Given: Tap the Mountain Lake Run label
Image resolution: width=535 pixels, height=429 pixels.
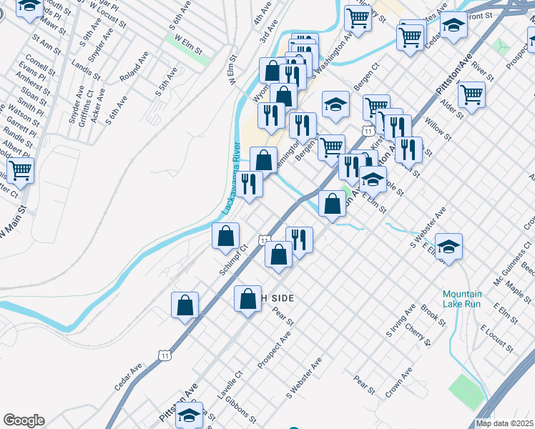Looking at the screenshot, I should click(462, 299).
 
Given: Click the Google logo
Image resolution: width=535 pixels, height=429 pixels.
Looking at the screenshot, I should click(24, 420).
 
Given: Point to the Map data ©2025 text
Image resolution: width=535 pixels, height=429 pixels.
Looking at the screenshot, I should click(504, 423).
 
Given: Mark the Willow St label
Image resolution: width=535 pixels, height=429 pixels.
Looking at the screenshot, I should click(438, 129).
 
